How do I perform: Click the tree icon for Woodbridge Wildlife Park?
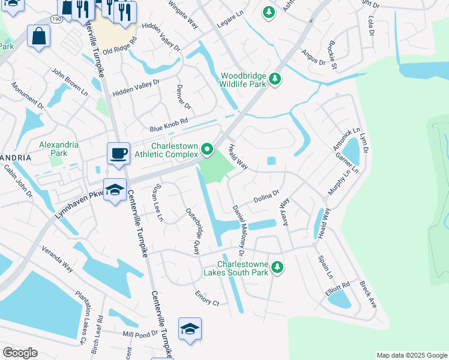275,79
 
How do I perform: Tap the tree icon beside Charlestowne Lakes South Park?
277,267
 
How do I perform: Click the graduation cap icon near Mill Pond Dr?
190,329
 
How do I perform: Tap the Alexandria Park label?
59,149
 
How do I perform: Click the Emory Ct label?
207,298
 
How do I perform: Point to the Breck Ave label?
368,294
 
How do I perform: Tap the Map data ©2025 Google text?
411,355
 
